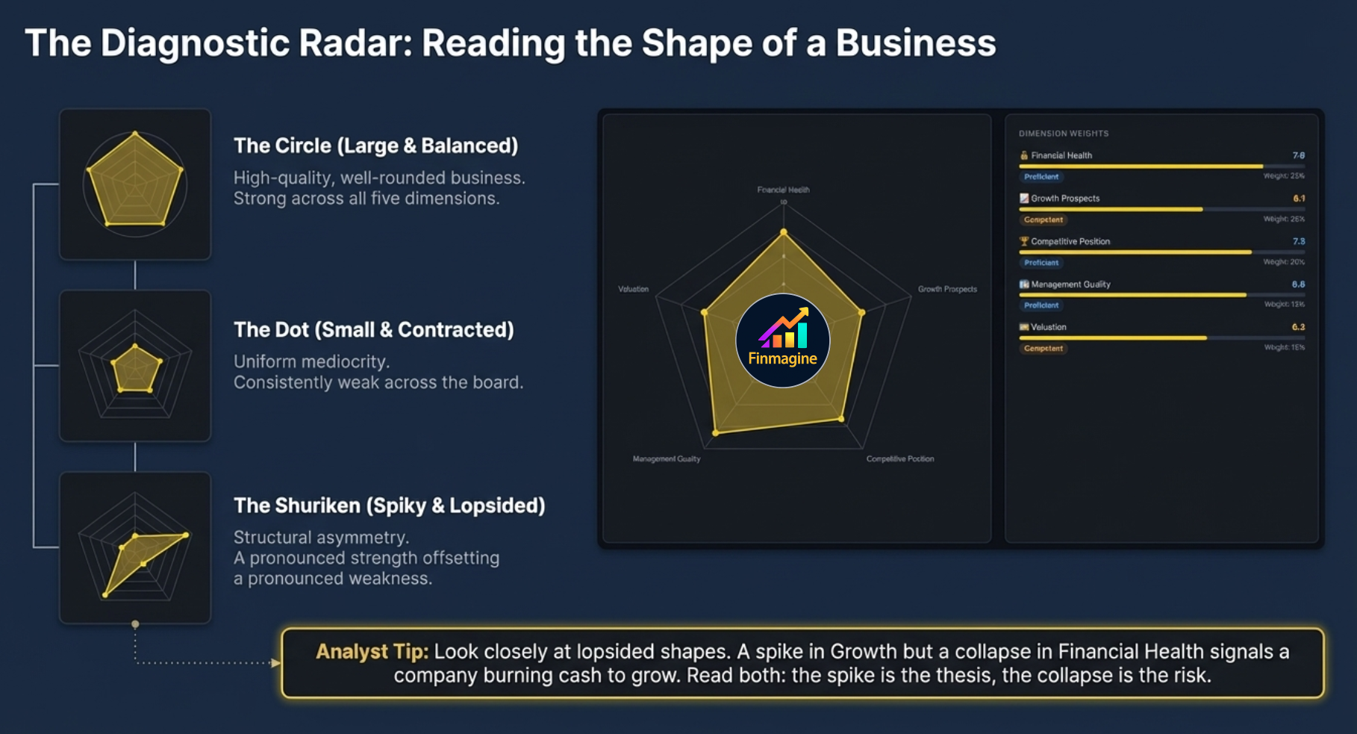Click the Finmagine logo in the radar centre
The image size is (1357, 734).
click(782, 340)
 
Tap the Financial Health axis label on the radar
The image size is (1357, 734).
click(783, 190)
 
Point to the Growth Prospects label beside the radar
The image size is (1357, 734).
click(947, 289)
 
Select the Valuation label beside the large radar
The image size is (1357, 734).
click(633, 289)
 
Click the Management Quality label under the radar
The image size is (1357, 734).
click(667, 458)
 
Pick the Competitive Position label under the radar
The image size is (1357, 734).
click(899, 458)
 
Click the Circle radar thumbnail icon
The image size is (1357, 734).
click(135, 184)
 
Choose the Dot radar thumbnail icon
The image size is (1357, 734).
click(135, 366)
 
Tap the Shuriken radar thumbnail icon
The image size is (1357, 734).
click(135, 548)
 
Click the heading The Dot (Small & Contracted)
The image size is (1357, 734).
click(373, 329)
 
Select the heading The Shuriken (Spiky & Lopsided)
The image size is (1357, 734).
click(389, 506)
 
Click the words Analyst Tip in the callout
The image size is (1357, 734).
click(372, 651)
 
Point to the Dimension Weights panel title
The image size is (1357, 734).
click(1063, 134)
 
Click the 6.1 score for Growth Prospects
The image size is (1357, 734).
click(1299, 199)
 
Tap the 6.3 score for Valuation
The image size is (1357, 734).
click(1299, 327)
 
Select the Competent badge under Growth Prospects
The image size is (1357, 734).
click(1043, 220)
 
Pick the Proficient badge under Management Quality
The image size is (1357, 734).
click(1041, 305)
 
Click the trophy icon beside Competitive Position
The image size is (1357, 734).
click(1024, 241)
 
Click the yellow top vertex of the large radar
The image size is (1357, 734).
click(783, 232)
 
